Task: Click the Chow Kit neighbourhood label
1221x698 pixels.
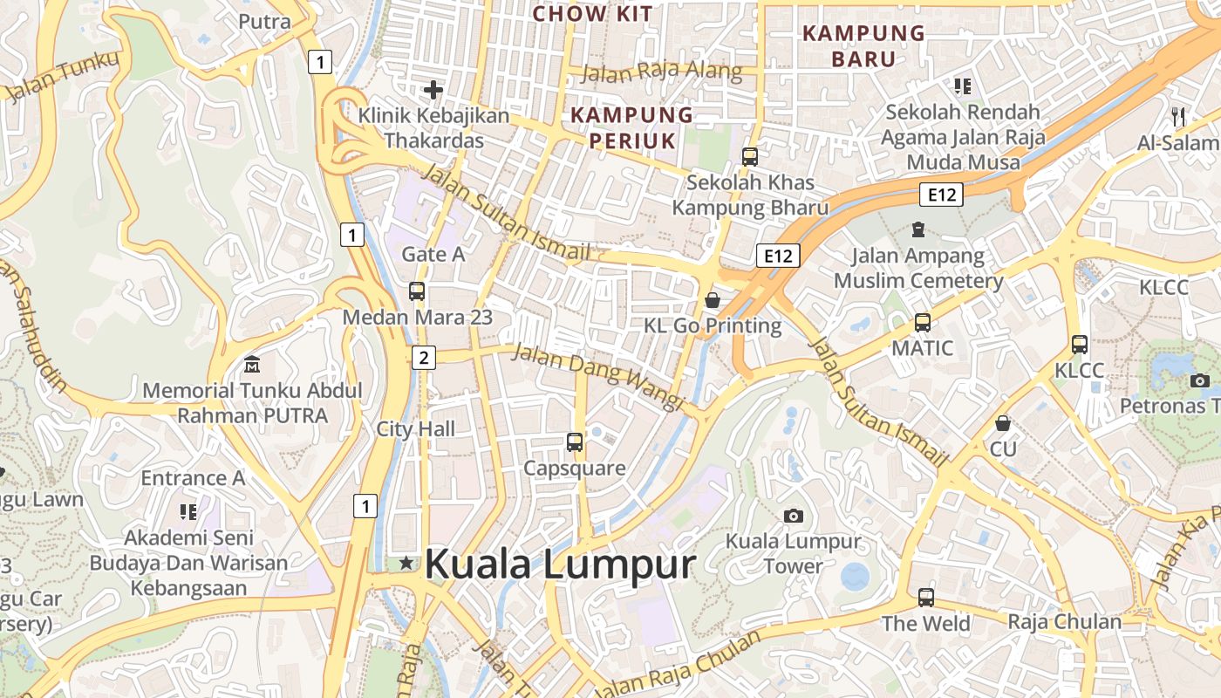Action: tap(592, 14)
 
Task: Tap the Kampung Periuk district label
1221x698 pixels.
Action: tap(631, 127)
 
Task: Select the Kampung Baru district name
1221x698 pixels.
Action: tap(863, 46)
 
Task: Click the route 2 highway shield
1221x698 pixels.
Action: tap(424, 357)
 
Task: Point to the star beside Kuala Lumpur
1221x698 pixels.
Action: tap(406, 564)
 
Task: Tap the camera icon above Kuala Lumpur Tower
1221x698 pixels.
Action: tap(793, 516)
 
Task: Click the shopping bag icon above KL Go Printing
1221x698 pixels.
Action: tap(713, 301)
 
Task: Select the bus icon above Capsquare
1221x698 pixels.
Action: tap(574, 442)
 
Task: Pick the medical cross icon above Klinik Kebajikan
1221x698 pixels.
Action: tap(433, 89)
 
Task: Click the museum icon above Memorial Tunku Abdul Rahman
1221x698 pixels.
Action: tap(252, 363)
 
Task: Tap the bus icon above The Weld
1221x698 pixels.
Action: tap(925, 598)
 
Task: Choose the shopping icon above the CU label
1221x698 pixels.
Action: tap(1003, 423)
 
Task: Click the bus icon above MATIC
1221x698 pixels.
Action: tap(922, 323)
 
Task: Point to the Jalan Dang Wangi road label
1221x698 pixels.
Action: tap(597, 376)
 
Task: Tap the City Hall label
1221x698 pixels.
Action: tap(416, 429)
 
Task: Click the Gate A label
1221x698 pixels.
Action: tap(433, 254)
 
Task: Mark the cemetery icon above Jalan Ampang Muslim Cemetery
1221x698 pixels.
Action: tap(917, 229)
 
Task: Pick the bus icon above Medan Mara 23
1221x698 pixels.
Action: tap(417, 291)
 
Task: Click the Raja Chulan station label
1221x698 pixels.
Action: tap(1064, 622)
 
